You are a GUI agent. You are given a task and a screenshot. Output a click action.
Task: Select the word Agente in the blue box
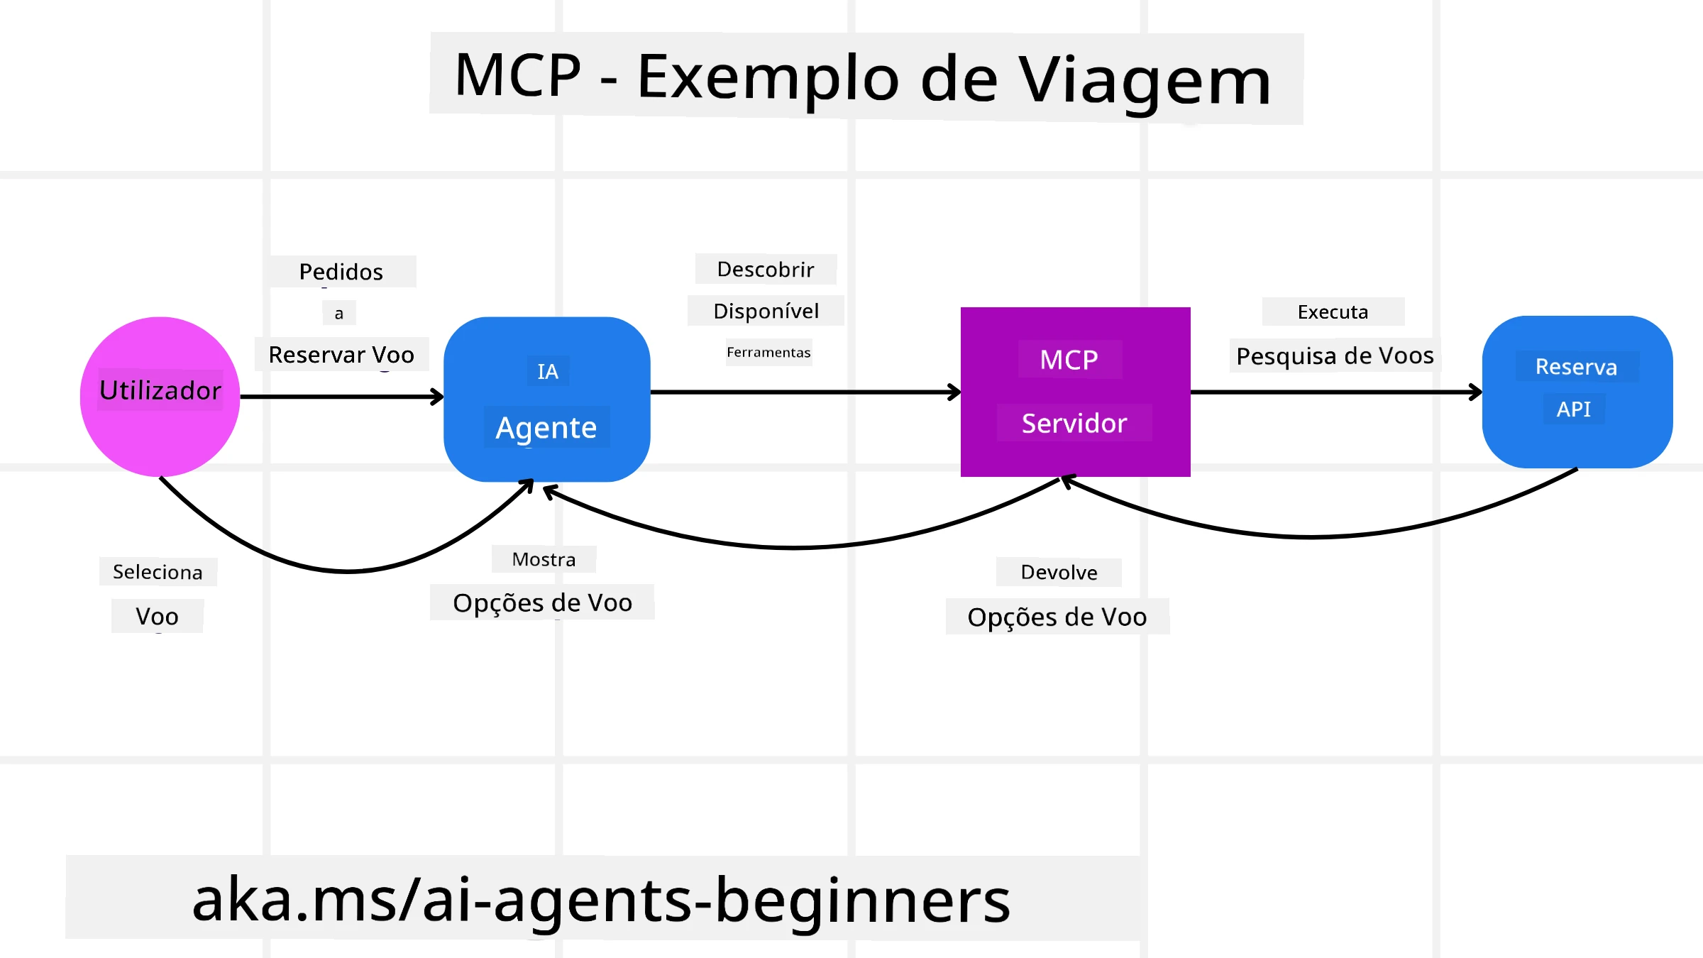coord(546,428)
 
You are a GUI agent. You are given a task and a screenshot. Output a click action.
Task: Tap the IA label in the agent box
coord(547,371)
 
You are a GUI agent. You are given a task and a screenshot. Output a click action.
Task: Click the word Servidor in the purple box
coord(1074,424)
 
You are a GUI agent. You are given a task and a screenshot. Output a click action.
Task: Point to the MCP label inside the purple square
coord(1069,360)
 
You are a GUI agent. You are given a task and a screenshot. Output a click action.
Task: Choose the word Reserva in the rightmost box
coord(1576,367)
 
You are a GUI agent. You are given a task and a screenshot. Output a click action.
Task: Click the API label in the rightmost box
coord(1573,409)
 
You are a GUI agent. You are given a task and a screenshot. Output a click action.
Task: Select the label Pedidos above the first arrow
coord(341,272)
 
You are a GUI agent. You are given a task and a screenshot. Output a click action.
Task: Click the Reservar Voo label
coord(341,354)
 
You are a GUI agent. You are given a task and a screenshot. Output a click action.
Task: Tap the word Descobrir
coord(765,270)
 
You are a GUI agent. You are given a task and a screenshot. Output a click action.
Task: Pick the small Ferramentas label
coord(768,353)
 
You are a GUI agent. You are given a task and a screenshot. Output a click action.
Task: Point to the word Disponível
coord(766,311)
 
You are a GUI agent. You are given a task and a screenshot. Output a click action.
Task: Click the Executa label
coord(1333,312)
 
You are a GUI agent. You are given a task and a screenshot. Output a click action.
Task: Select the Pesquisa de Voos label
coord(1335,356)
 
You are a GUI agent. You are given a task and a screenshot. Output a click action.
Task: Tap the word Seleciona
coord(158,572)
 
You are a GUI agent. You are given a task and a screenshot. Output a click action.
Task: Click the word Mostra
coord(544,559)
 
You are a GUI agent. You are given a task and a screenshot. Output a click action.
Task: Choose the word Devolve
coord(1059,573)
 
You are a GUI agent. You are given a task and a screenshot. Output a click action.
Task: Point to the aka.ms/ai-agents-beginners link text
coord(600,900)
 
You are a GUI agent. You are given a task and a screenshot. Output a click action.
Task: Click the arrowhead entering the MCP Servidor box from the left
coord(954,392)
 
